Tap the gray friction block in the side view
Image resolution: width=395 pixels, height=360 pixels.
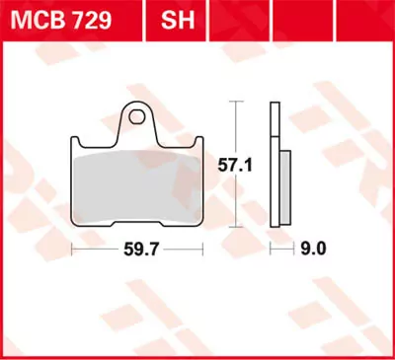click(x=285, y=187)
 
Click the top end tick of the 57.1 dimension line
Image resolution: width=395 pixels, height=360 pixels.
click(x=235, y=101)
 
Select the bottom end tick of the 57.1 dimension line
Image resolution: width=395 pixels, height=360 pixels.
click(x=235, y=228)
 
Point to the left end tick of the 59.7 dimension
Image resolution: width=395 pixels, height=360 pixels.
click(x=72, y=252)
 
